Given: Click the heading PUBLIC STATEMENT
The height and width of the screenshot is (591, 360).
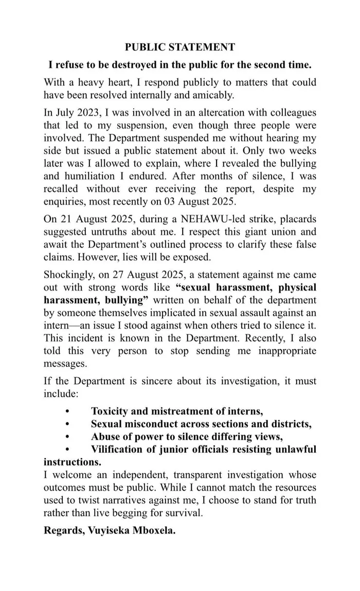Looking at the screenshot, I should [x=180, y=47].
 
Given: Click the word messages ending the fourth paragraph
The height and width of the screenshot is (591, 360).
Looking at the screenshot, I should [x=65, y=363].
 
